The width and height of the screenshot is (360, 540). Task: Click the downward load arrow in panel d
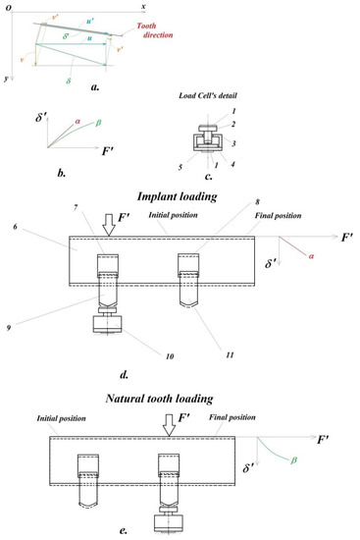(107, 225)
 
